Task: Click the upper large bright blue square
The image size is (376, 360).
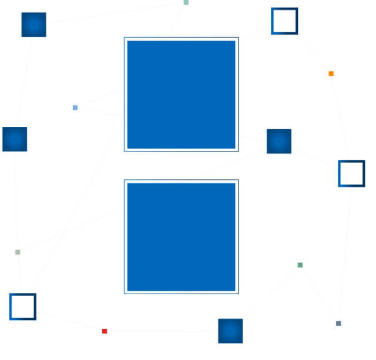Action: [x=180, y=94]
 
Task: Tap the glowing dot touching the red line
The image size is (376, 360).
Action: [x=230, y=331]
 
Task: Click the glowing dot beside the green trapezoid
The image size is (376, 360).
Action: [x=14, y=140]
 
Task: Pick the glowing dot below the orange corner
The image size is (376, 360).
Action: [x=278, y=142]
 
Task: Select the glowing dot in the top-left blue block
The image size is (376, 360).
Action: [x=34, y=25]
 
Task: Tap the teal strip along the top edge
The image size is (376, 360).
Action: [x=188, y=2]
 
